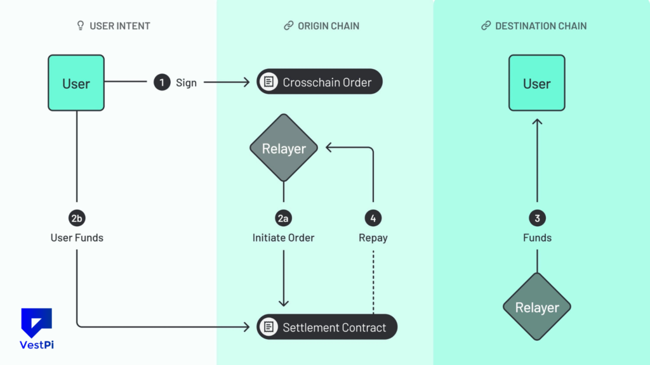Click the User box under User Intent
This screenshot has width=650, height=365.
76,83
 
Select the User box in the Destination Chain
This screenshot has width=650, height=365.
536,83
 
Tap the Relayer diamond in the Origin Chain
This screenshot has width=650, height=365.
284,148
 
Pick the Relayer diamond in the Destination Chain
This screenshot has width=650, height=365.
537,307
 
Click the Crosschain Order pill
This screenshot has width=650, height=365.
319,82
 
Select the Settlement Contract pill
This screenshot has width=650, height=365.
326,327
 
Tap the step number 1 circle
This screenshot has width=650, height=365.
162,82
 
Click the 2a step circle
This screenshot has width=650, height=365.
284,219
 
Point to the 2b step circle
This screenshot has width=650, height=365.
77,219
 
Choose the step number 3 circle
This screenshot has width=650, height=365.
537,219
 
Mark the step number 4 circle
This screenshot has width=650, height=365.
373,219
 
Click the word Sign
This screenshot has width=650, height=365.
186,83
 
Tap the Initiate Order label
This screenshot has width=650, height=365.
283,238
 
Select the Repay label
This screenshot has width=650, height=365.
373,238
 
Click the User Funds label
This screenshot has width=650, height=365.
77,238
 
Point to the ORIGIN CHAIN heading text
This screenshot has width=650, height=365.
328,26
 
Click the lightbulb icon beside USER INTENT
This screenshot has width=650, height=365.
81,26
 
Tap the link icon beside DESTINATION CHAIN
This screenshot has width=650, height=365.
486,26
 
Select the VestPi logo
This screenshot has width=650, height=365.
36,328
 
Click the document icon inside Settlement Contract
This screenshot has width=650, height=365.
269,327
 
